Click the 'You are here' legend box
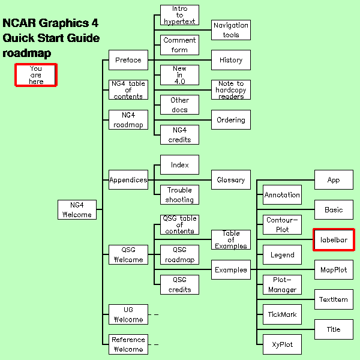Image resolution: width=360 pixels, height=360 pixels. point(36,75)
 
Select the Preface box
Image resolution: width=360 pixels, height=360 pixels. point(128,60)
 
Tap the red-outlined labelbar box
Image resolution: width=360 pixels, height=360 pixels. point(334,239)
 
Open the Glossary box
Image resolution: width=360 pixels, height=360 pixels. point(231,180)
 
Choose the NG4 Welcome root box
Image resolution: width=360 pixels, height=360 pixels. point(77,209)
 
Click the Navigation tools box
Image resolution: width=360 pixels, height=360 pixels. point(231,30)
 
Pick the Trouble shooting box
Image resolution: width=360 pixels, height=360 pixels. point(179,194)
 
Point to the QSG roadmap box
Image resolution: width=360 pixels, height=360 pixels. point(179,254)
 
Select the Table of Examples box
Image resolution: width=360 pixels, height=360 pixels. point(231,239)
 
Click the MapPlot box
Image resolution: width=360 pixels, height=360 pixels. point(334,269)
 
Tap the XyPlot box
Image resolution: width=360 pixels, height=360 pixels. point(282,344)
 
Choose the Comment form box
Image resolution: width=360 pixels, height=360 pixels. point(179,45)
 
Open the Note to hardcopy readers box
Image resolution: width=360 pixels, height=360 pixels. point(231,90)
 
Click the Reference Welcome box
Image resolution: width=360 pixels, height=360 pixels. point(128,344)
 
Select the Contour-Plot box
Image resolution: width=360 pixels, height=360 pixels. point(282,225)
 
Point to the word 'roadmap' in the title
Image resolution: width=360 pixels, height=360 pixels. point(27,53)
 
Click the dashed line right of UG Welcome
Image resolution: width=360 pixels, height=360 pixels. point(154,314)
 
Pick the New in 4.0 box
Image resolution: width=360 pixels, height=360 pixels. point(179,75)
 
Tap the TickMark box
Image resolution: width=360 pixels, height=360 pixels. point(282,314)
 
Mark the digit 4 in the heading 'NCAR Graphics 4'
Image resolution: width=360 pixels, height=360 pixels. point(95,23)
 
